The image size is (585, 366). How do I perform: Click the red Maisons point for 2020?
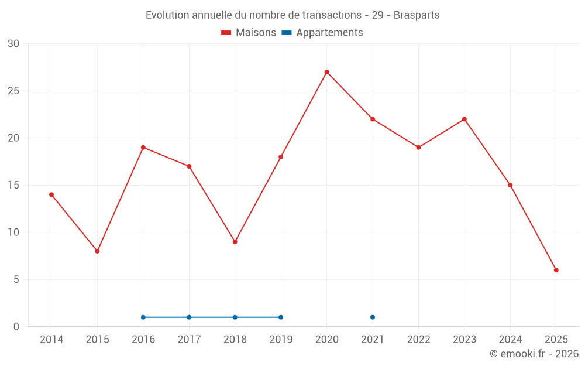326,72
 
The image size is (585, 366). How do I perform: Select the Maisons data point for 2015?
97,251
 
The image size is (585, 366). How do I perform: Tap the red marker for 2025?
556,270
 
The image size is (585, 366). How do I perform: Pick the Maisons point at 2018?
235,242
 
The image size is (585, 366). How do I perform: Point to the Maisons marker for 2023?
464,119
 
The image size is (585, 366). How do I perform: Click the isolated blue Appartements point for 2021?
373,317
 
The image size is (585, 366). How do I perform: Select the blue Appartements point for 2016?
143,317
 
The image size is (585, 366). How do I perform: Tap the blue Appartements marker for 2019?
281,317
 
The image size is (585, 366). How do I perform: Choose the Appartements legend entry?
329,33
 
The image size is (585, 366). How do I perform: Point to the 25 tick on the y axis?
13,91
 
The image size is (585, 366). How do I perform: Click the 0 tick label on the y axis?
16,327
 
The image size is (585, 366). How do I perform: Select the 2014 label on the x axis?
51,340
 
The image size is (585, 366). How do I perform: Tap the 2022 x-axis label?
418,340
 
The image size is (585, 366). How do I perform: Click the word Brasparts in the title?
416,15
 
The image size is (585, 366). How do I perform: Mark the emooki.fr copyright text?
534,354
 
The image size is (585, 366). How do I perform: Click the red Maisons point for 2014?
51,194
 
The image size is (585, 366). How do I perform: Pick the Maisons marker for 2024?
510,185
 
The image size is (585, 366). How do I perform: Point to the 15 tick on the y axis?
13,186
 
